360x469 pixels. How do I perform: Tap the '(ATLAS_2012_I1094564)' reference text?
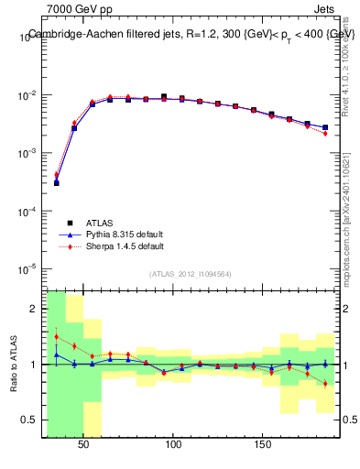(x=191, y=273)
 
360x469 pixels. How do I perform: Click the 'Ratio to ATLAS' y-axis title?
(x=15, y=364)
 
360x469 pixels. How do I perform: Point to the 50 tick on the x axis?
(x=83, y=443)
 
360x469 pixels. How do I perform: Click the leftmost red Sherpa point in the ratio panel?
(x=56, y=336)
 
